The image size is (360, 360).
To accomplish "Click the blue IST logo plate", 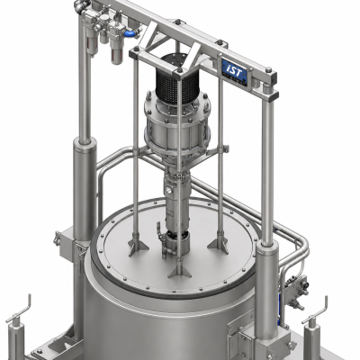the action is pos(235,71).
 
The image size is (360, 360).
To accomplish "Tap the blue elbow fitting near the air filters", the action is pos(130,33).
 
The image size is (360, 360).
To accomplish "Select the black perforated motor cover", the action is pos(177,81).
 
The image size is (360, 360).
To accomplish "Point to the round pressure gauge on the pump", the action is pos(169,190).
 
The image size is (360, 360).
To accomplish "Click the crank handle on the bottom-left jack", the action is pos(20,310).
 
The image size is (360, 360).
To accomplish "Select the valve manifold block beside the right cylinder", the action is pos(295,290).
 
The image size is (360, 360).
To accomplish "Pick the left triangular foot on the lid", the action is pos(138,245).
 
